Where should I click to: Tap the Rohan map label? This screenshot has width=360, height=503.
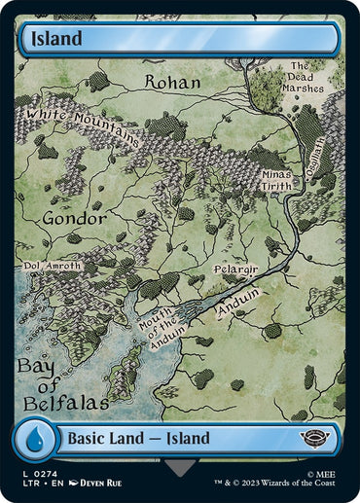[x=172, y=82]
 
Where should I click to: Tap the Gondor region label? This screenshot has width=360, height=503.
[x=74, y=219]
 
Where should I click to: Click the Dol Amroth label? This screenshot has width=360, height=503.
[x=53, y=266]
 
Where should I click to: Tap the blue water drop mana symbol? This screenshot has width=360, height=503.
[x=33, y=438]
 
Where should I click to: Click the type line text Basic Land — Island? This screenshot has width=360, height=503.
[x=138, y=439]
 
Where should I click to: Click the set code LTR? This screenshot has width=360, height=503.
[x=28, y=484]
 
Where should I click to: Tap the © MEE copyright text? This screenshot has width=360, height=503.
[x=322, y=472]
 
